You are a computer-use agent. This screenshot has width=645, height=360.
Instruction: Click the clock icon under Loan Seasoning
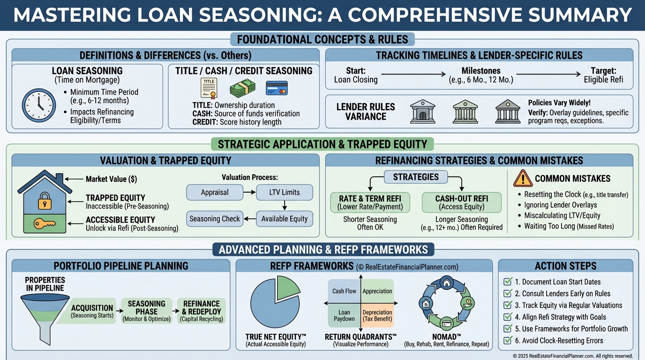click(x=39, y=105)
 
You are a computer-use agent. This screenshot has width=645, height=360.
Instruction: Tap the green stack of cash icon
click(x=242, y=88)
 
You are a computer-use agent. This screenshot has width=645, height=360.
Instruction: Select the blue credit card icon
click(x=277, y=88)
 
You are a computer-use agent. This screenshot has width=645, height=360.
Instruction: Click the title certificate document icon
click(x=209, y=88)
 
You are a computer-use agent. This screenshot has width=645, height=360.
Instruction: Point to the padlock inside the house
click(x=45, y=201)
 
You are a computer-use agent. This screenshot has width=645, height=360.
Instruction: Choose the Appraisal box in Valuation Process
click(x=215, y=192)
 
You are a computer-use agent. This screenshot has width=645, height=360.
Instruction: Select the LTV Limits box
click(x=285, y=192)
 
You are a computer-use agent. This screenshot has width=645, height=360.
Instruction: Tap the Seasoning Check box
click(x=215, y=219)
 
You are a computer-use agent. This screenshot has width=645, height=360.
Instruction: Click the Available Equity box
click(x=285, y=219)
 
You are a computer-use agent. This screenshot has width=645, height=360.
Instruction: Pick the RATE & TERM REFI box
click(x=370, y=202)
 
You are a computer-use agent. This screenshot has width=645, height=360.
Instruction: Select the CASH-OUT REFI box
click(x=462, y=202)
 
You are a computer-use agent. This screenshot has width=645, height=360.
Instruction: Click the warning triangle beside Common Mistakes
click(x=523, y=179)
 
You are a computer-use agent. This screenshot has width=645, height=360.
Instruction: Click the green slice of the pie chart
click(x=288, y=288)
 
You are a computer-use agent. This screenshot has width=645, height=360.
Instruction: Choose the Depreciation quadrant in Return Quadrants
click(x=377, y=315)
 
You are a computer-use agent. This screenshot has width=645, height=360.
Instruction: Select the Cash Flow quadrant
click(x=344, y=291)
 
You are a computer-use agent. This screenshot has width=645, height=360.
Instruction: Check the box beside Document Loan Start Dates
click(x=508, y=281)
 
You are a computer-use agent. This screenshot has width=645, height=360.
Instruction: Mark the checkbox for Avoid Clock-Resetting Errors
click(x=508, y=340)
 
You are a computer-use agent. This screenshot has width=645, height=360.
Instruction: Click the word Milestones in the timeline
click(x=481, y=71)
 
